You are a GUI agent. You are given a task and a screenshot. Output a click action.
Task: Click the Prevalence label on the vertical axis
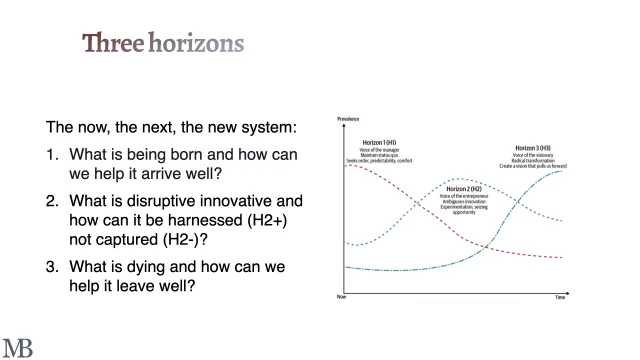(349, 118)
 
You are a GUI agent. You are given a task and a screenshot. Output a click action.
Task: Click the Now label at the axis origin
(342, 297)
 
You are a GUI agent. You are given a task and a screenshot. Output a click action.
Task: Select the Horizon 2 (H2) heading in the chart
(461, 188)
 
